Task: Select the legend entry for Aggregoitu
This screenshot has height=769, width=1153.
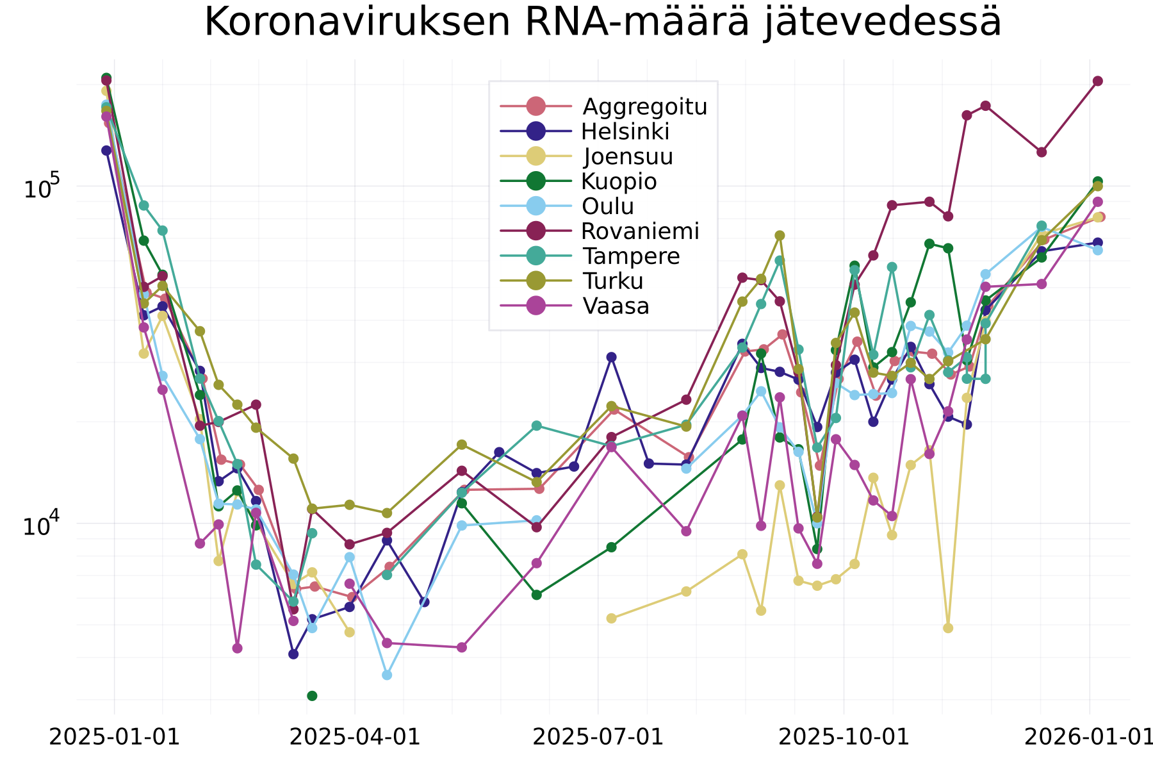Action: pyautogui.click(x=644, y=106)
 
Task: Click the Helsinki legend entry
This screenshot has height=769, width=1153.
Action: pyautogui.click(x=625, y=131)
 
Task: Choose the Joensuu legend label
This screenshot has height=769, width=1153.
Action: pyautogui.click(x=628, y=156)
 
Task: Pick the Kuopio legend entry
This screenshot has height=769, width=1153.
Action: pyautogui.click(x=619, y=181)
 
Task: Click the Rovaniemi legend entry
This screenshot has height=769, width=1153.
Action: pyautogui.click(x=640, y=231)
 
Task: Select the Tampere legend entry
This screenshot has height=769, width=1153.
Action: pyautogui.click(x=631, y=256)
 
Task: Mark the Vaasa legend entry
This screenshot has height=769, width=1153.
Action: pyautogui.click(x=616, y=306)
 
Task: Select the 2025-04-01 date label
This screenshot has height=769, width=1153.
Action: pyautogui.click(x=356, y=737)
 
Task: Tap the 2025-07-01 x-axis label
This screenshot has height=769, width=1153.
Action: pyautogui.click(x=598, y=737)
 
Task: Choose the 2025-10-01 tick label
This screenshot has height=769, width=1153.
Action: pyautogui.click(x=844, y=737)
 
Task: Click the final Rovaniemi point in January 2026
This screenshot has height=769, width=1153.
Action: pyautogui.click(x=1098, y=81)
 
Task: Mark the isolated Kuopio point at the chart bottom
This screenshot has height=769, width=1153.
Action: pyautogui.click(x=312, y=696)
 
